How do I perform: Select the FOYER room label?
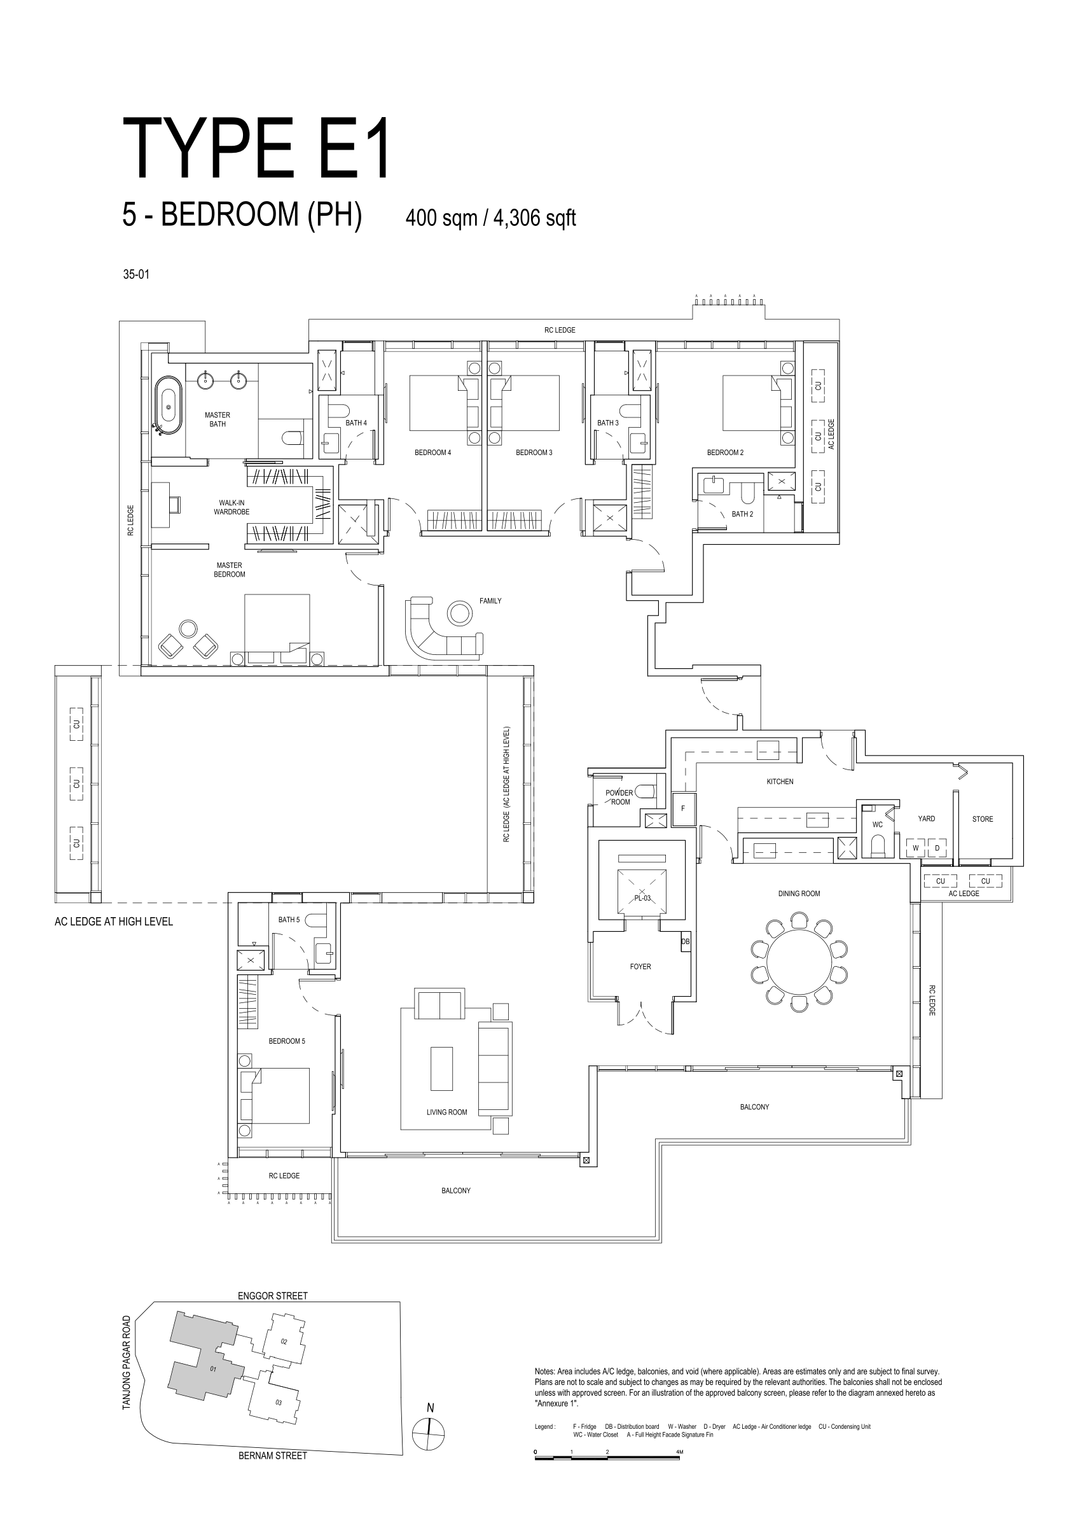pos(640,967)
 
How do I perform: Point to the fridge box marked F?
pos(684,810)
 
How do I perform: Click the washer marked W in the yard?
pos(915,848)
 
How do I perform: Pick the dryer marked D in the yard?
pos(937,848)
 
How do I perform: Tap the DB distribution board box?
pos(685,941)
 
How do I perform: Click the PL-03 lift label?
pos(642,898)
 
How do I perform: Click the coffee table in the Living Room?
pos(441,1069)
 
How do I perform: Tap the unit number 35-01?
pos(136,274)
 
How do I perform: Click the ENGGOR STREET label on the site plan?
pos(273,1295)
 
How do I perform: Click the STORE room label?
pos(983,818)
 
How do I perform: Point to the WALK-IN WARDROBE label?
pos(231,507)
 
